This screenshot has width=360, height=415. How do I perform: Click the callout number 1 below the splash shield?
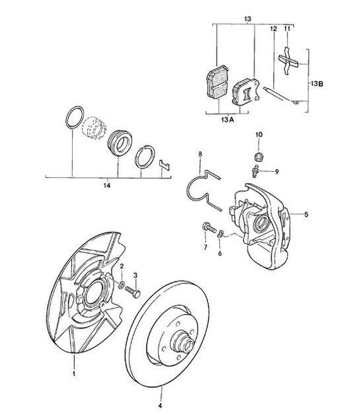pos(74,375)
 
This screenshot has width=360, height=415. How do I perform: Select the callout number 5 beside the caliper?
pos(306,214)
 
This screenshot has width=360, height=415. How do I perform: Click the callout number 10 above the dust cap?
pos(259,135)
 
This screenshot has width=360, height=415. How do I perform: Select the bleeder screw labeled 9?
pos(256,170)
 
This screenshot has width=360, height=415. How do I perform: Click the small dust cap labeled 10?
pos(259,156)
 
